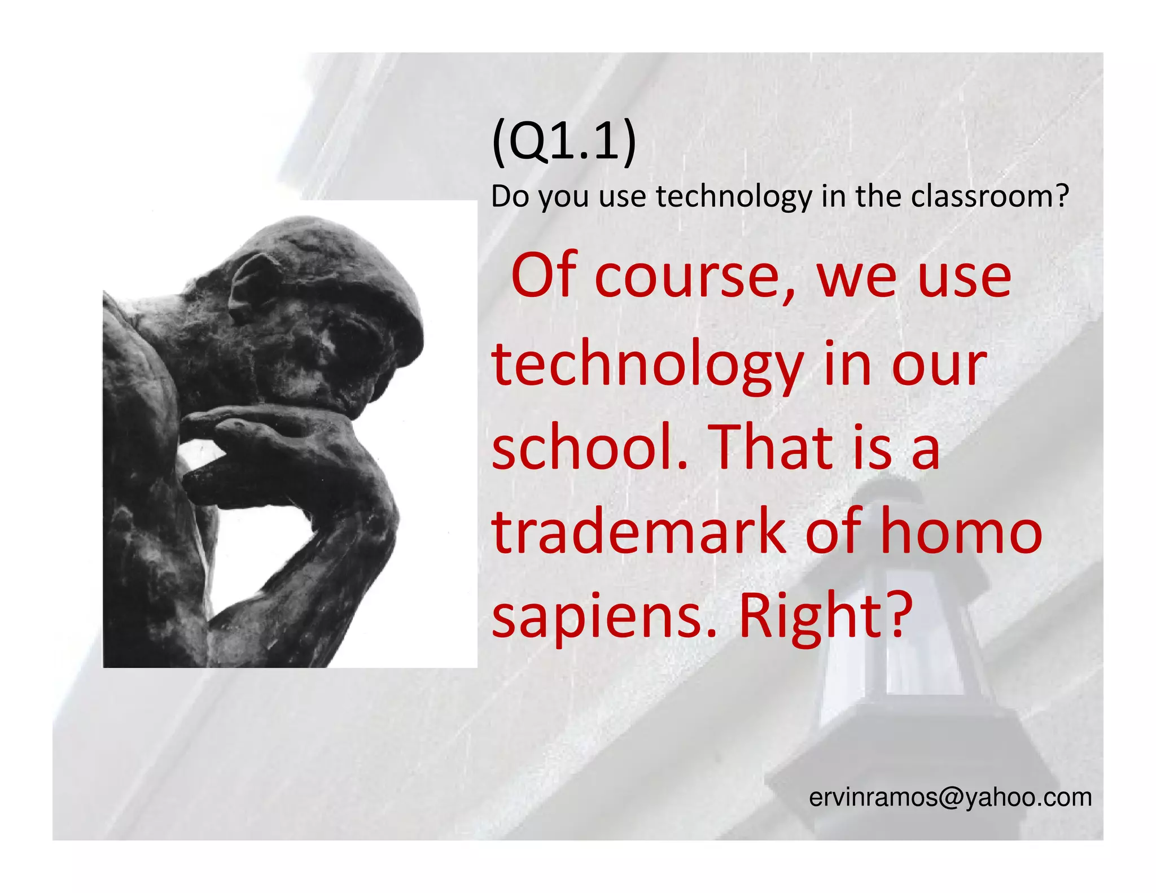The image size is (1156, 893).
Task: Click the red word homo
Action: pyautogui.click(x=961, y=531)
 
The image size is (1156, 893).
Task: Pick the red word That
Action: pyautogui.click(x=770, y=448)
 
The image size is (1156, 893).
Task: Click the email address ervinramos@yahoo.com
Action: pyautogui.click(x=950, y=797)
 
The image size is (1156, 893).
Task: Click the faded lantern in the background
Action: pyautogui.click(x=897, y=621)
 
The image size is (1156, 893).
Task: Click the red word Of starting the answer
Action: pyautogui.click(x=544, y=277)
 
